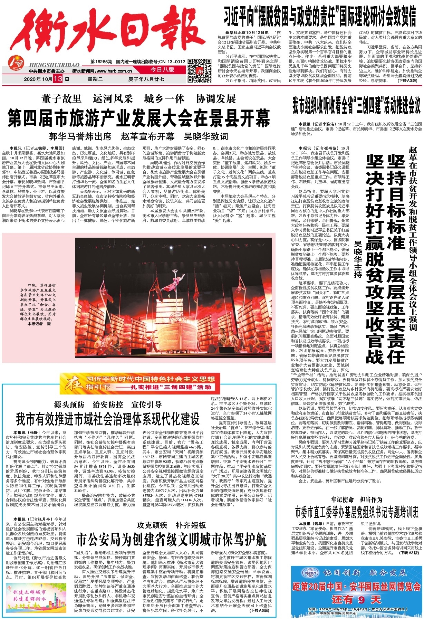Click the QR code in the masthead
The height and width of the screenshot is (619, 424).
click(x=199, y=70)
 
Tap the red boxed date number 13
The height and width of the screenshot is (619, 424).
click(x=58, y=79)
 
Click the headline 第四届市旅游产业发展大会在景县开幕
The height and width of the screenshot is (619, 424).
click(x=138, y=118)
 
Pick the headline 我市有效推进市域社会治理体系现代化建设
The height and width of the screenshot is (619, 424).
click(x=107, y=419)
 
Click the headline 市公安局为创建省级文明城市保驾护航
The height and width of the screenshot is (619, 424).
click(x=171, y=539)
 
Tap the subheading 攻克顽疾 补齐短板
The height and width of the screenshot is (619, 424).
click(x=171, y=525)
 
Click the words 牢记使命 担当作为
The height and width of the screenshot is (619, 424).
click(x=356, y=499)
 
